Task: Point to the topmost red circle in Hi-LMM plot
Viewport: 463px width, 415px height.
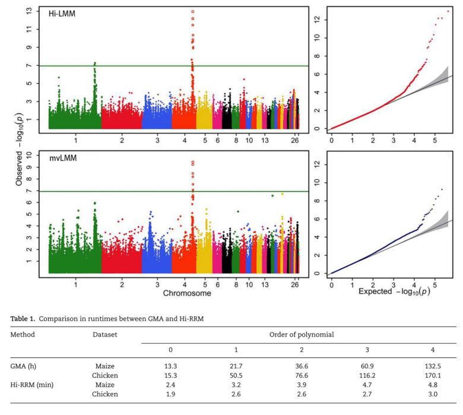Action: click(x=192, y=11)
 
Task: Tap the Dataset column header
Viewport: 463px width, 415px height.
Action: click(x=104, y=334)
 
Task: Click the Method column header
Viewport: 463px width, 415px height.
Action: click(x=23, y=334)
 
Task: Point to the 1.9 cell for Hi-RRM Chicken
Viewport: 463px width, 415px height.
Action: click(x=170, y=394)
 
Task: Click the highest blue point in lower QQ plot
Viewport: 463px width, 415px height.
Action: click(x=442, y=189)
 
